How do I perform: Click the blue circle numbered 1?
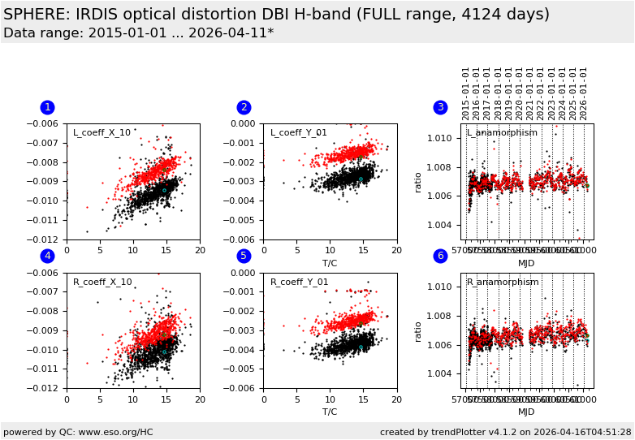47,107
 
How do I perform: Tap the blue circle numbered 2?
244,107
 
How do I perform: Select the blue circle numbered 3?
440,107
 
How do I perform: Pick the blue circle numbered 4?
47,256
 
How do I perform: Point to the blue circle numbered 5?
244,256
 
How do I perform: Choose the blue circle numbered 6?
440,256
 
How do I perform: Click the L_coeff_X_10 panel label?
102,133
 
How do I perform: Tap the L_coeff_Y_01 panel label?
298,133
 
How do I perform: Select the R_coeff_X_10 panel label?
102,283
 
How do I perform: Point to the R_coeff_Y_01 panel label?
299,283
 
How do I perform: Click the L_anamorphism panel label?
502,133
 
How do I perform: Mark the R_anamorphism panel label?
503,283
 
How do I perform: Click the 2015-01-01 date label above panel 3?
467,93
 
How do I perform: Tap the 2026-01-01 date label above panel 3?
584,93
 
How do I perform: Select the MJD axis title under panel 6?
526,412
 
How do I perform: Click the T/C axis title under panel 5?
330,412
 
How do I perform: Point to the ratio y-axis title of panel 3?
419,181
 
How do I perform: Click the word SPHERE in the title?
35,15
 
